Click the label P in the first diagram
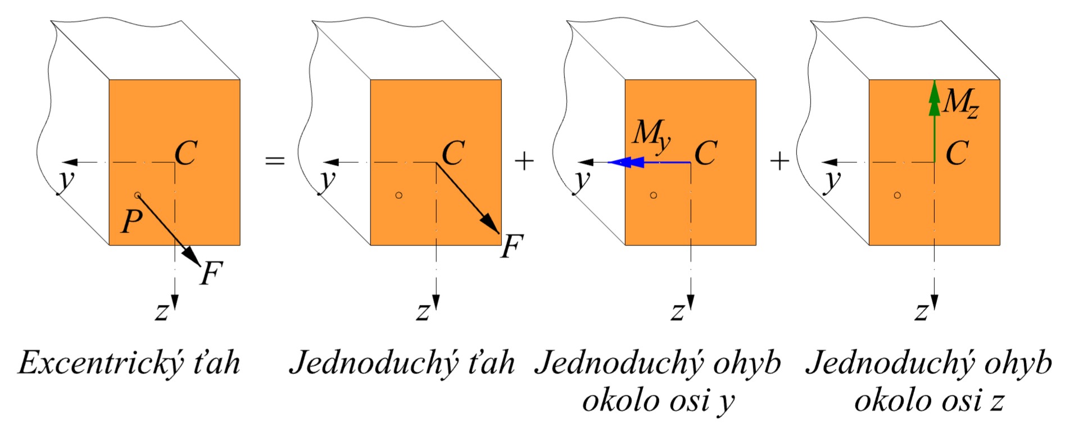[x=132, y=221]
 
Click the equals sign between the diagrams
[x=275, y=161]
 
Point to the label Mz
[x=961, y=103]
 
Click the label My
[x=651, y=135]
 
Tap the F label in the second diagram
[x=511, y=246]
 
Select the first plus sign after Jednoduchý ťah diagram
[x=524, y=161]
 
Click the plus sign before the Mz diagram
[x=780, y=161]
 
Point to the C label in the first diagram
[x=186, y=152]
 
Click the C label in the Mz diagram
[x=957, y=153]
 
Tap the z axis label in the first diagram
[x=162, y=311]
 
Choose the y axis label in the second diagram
[x=327, y=179]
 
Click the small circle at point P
[x=138, y=195]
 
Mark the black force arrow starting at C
[x=468, y=198]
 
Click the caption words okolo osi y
[x=658, y=400]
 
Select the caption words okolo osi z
[x=929, y=400]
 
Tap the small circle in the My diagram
[x=653, y=195]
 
